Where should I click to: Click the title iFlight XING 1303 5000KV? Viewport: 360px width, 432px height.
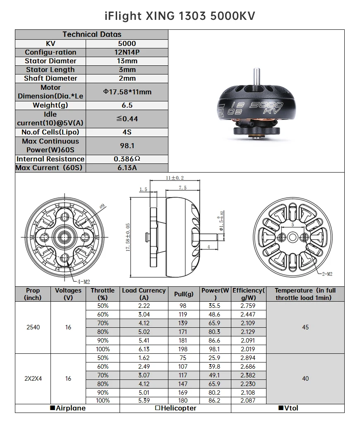[x=180, y=16]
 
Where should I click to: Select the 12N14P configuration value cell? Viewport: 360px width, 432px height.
[x=127, y=52]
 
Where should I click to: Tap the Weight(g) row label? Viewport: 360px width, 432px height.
[x=50, y=105]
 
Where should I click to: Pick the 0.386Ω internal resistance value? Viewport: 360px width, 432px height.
[x=127, y=159]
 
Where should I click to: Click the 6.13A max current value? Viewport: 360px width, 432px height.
[x=127, y=168]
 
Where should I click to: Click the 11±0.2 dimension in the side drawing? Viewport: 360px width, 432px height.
[x=174, y=178]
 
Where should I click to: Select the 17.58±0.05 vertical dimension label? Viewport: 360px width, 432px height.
[x=128, y=236]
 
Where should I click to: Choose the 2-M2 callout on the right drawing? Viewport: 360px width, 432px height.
[x=326, y=274]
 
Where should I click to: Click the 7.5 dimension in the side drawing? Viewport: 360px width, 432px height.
[x=182, y=187]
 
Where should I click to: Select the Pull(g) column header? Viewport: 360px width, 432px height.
[x=184, y=294]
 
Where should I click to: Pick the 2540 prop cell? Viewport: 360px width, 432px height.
[x=33, y=327]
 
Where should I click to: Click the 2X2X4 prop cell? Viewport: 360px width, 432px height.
[x=33, y=379]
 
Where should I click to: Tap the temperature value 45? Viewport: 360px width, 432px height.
[x=305, y=327]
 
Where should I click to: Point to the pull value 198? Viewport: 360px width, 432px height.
[x=183, y=349]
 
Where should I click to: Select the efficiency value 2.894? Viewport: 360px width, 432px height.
[x=248, y=358]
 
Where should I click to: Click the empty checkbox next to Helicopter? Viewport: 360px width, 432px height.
[x=158, y=408]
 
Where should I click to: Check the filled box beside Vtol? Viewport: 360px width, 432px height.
[x=281, y=408]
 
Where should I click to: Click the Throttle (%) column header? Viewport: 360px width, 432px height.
[x=103, y=294]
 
